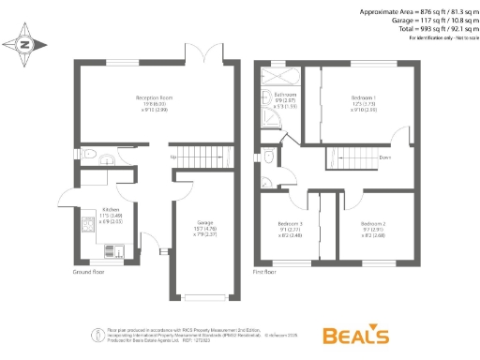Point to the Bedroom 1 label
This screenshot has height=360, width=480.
363,98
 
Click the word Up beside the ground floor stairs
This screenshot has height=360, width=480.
174,156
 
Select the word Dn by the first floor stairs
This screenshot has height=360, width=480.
384,158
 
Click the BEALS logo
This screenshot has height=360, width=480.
355,335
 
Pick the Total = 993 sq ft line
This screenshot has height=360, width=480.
427,29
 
